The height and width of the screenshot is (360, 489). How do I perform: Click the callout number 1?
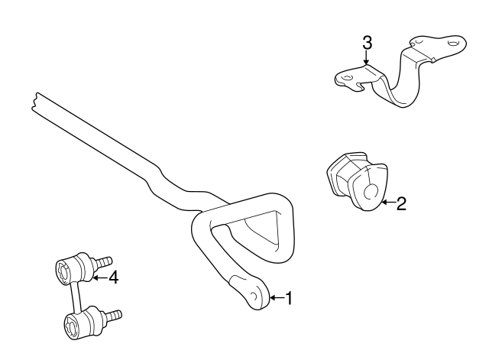(289, 298)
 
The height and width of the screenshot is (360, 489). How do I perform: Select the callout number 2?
(401, 203)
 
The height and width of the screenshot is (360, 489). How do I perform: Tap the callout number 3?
(367, 43)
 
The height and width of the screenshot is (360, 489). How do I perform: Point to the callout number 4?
(114, 277)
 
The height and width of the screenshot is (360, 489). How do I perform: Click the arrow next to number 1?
(277, 298)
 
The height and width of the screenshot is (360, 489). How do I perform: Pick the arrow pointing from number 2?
(389, 203)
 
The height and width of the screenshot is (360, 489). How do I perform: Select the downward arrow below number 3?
(367, 58)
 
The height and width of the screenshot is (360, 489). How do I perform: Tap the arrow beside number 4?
(100, 277)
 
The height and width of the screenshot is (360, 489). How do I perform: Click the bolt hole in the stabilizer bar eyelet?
(254, 296)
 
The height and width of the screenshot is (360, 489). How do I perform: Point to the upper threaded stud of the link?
(102, 261)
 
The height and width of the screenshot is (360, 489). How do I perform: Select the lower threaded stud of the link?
(112, 316)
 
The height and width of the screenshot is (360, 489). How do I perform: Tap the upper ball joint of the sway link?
(74, 269)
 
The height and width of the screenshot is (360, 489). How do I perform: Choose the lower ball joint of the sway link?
(83, 323)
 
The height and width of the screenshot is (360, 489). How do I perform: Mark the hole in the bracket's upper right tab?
(453, 43)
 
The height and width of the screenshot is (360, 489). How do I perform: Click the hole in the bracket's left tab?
(346, 77)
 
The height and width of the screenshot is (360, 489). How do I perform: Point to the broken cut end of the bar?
(34, 102)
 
